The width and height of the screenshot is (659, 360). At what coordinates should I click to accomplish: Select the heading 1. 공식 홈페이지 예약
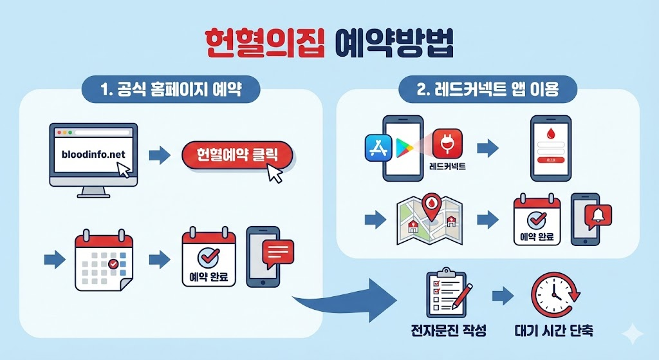pos(171,90)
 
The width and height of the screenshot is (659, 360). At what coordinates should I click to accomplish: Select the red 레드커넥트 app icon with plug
pos(447,144)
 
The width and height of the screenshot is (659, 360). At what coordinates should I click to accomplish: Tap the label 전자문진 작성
pos(448,331)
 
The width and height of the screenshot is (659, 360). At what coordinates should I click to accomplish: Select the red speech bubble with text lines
pos(278,251)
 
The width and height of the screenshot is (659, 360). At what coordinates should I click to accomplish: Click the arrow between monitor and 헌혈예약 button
pos(159,155)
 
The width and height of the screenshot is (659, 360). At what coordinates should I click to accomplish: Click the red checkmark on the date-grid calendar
pos(113,263)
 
